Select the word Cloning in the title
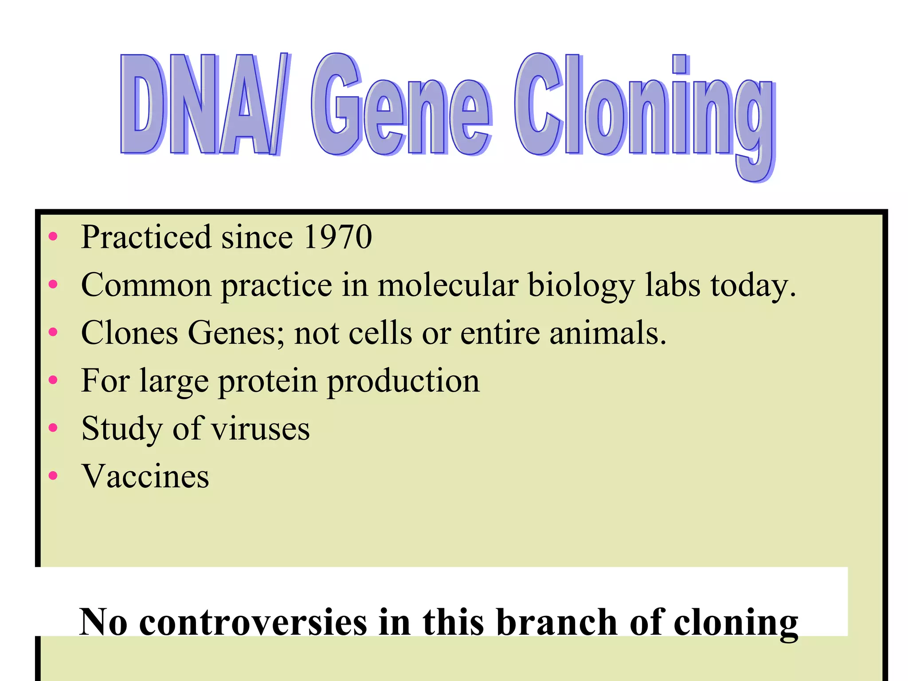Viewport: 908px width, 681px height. tap(645, 111)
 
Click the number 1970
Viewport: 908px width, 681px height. tap(338, 237)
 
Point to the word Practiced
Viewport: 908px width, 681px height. tap(146, 237)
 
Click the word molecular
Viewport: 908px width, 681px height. tap(448, 285)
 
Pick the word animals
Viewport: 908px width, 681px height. tap(607, 333)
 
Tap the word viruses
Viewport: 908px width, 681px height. tap(260, 429)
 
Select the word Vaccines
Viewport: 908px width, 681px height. tap(145, 477)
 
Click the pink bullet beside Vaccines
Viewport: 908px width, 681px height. tap(53, 476)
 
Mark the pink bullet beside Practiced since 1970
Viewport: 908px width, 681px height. tap(53, 236)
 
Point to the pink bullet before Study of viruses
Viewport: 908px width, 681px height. tap(53, 428)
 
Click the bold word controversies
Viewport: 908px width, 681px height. tap(253, 622)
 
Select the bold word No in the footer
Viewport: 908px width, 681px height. tap(103, 622)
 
